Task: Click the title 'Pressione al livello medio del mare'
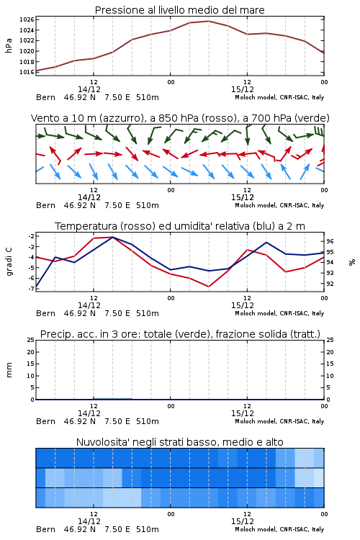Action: pos(179,10)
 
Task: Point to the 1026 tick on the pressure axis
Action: pos(27,19)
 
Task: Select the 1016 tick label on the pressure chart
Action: pos(27,72)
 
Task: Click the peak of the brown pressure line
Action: pos(209,21)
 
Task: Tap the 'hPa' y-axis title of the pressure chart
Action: pos(9,45)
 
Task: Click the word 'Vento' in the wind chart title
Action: pos(43,118)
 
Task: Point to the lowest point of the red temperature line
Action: pos(209,287)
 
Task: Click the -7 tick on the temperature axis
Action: pos(31,289)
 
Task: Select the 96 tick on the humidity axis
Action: pos(330,241)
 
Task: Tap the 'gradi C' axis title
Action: pos(9,262)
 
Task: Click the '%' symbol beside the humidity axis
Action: pos(352,262)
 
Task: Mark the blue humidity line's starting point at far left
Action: pos(36,287)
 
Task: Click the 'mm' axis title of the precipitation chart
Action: pos(9,370)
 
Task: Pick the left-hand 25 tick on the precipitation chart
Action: pos(31,340)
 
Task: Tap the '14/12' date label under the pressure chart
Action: pos(89,89)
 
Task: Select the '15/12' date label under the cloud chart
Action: pos(243,521)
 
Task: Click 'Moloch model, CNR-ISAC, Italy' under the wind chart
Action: pos(279,205)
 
